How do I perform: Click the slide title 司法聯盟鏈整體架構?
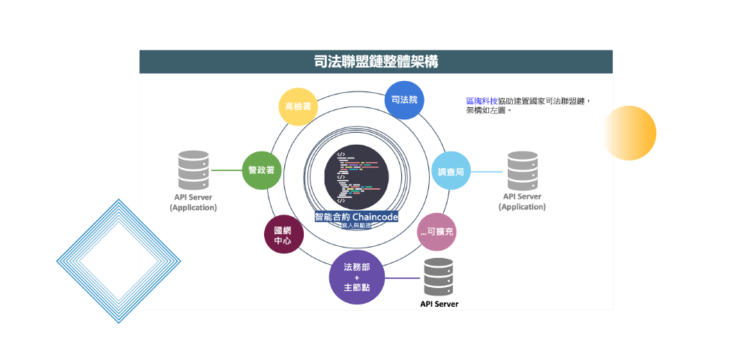pyautogui.click(x=376, y=61)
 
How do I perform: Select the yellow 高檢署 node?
pyautogui.click(x=298, y=106)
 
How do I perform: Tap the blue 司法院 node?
pyautogui.click(x=405, y=100)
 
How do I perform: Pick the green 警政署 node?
pyautogui.click(x=261, y=170)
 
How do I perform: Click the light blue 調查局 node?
pyautogui.click(x=451, y=172)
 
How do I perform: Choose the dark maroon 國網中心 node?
pyautogui.click(x=283, y=235)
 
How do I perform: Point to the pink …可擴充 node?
pyautogui.click(x=436, y=232)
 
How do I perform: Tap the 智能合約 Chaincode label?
pyautogui.click(x=356, y=216)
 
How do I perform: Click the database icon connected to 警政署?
pyautogui.click(x=193, y=170)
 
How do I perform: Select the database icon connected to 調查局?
pyautogui.click(x=523, y=170)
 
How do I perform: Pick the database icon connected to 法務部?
pyautogui.click(x=439, y=277)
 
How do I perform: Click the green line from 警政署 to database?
pyautogui.click(x=225, y=170)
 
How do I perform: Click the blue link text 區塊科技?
pyautogui.click(x=481, y=100)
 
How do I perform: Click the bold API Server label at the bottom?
pyautogui.click(x=439, y=304)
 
